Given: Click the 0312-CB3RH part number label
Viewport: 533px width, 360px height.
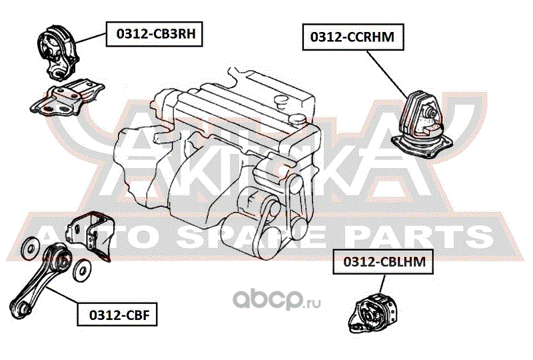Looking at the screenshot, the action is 155,34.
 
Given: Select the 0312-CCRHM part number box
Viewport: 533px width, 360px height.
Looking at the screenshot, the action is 353,37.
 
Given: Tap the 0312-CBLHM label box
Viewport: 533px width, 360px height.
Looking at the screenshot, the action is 382,261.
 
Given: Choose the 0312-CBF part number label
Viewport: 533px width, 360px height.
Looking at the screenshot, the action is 117,315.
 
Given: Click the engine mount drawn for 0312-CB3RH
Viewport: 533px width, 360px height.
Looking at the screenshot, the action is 57,53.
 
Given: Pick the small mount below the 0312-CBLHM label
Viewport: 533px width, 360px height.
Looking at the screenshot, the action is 372,312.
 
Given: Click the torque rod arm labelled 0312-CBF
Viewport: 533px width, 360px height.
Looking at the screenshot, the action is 40,282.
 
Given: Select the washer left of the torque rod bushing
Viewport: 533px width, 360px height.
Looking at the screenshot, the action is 30,249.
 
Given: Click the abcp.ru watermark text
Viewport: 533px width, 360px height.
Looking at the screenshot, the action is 276,299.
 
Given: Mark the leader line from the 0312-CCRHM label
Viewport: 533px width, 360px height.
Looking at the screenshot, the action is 387,74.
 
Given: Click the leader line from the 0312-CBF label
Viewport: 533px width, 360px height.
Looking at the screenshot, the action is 63,295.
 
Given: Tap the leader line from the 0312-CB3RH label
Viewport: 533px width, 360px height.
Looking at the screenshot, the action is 91,38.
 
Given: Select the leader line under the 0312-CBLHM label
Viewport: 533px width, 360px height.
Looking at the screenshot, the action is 382,283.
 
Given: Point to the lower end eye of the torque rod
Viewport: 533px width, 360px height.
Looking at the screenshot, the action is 21,308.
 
